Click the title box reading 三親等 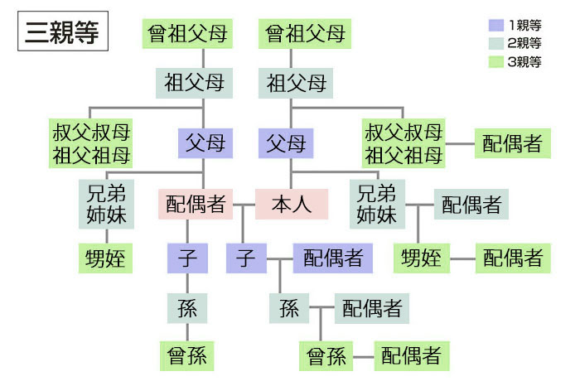[62, 34]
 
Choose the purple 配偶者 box [333, 258]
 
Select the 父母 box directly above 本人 [286, 143]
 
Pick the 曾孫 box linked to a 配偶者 [326, 357]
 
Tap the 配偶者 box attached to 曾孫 [411, 357]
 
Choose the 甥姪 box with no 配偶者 [105, 258]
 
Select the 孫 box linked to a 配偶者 [288, 309]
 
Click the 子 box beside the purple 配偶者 [245, 258]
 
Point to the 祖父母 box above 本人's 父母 [297, 83]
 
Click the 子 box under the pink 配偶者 [186, 258]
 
